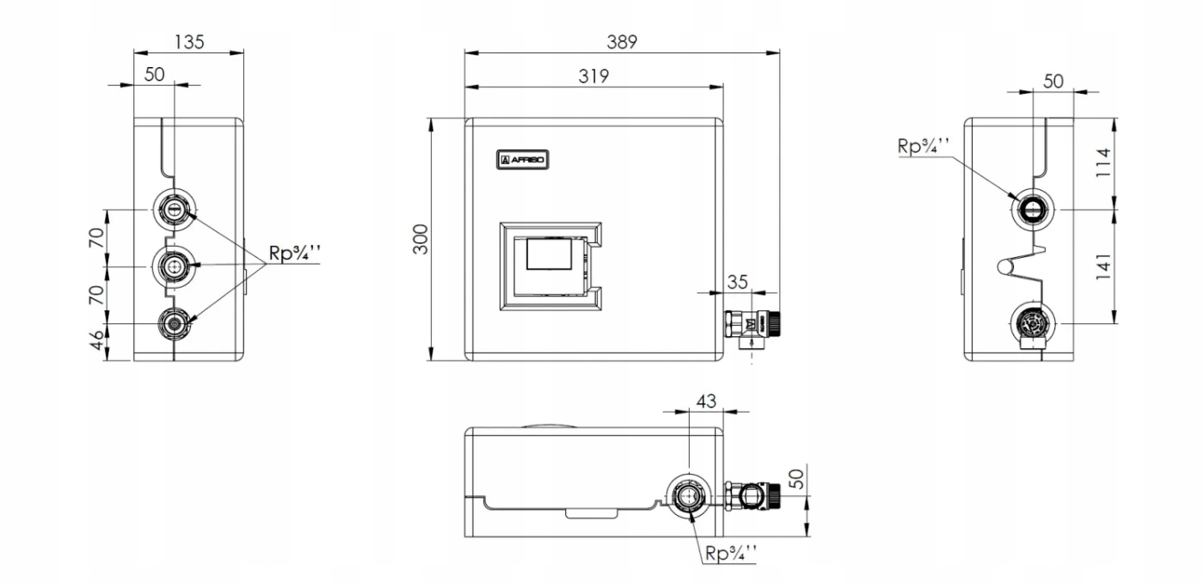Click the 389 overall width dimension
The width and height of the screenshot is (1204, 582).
pyautogui.click(x=622, y=42)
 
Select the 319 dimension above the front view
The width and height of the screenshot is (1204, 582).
pyautogui.click(x=593, y=77)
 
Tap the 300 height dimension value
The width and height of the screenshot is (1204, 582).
pyautogui.click(x=421, y=239)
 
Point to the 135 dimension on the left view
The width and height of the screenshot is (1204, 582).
pyautogui.click(x=189, y=42)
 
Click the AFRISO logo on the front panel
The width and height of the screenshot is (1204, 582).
pyautogui.click(x=523, y=160)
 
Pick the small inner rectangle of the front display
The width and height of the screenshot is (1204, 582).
pyautogui.click(x=549, y=254)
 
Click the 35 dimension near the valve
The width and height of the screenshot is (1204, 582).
pyautogui.click(x=738, y=282)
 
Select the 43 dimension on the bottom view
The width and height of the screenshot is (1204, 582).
pyautogui.click(x=706, y=401)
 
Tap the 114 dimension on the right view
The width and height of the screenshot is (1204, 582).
pyautogui.click(x=1103, y=162)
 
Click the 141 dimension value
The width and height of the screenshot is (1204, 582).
pyautogui.click(x=1103, y=266)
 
